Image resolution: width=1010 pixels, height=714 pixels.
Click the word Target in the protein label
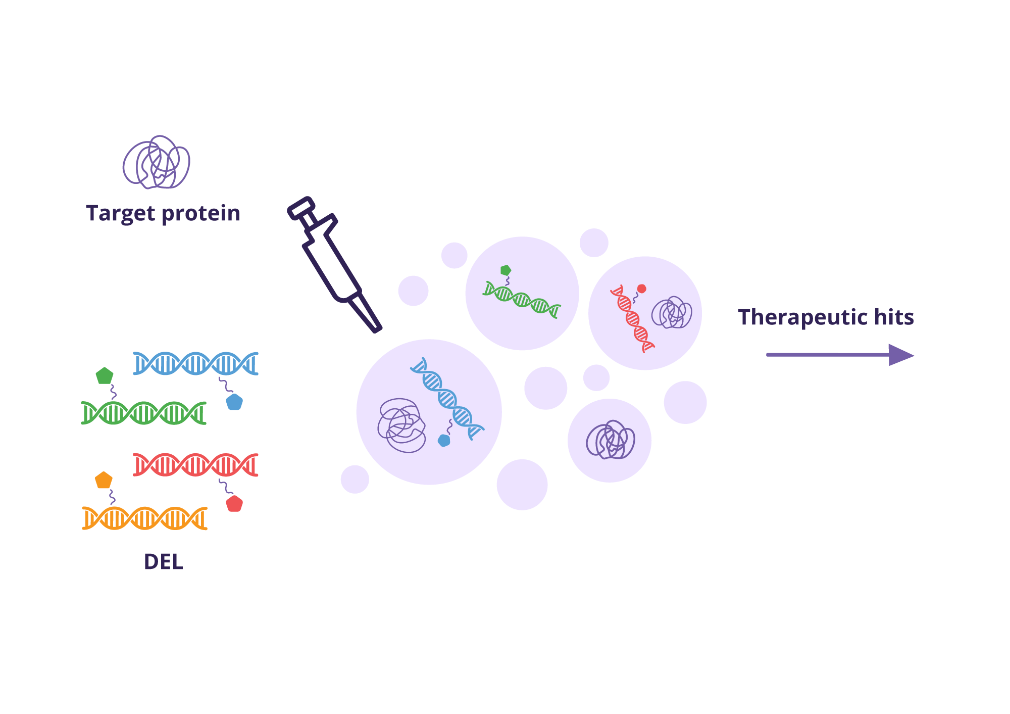point(120,214)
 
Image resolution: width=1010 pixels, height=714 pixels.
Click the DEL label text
point(163,562)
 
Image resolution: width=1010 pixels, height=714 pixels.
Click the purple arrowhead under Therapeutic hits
point(901,355)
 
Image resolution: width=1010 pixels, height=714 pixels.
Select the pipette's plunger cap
point(301,208)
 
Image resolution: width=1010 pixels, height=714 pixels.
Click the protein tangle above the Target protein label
point(157,162)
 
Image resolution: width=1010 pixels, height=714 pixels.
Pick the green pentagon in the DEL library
point(105,375)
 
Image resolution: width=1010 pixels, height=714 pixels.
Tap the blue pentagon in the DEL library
point(234,402)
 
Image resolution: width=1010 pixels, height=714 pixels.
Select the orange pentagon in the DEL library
point(104,480)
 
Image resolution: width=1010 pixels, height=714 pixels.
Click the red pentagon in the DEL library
point(234,504)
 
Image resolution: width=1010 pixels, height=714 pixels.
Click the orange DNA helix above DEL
point(145,518)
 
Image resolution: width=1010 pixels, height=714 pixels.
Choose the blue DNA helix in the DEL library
point(196,363)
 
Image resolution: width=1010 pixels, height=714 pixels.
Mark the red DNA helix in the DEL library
point(196,465)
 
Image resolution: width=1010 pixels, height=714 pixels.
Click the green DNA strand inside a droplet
point(522,300)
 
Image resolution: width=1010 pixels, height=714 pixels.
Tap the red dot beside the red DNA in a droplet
point(641,289)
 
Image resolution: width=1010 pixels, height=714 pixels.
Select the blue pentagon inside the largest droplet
point(444,441)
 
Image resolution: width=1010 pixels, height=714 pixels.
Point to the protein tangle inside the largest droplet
point(401,425)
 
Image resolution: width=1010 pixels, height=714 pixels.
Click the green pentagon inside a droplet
point(506,270)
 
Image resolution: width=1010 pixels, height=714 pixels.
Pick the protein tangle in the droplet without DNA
point(610,440)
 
